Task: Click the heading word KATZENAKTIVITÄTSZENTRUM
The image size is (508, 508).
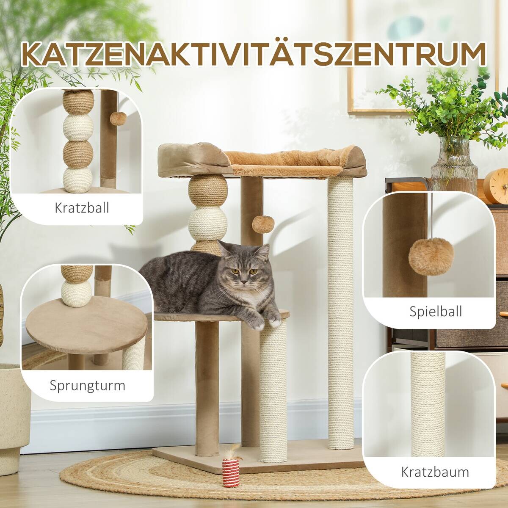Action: pyautogui.click(x=254, y=54)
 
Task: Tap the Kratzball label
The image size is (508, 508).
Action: pyautogui.click(x=82, y=208)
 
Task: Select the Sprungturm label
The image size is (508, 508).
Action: pyautogui.click(x=87, y=386)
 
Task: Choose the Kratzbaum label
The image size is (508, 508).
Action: pyautogui.click(x=435, y=472)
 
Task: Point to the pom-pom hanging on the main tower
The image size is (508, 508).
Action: pyautogui.click(x=261, y=224)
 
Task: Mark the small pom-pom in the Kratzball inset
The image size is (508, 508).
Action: pyautogui.click(x=117, y=118)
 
